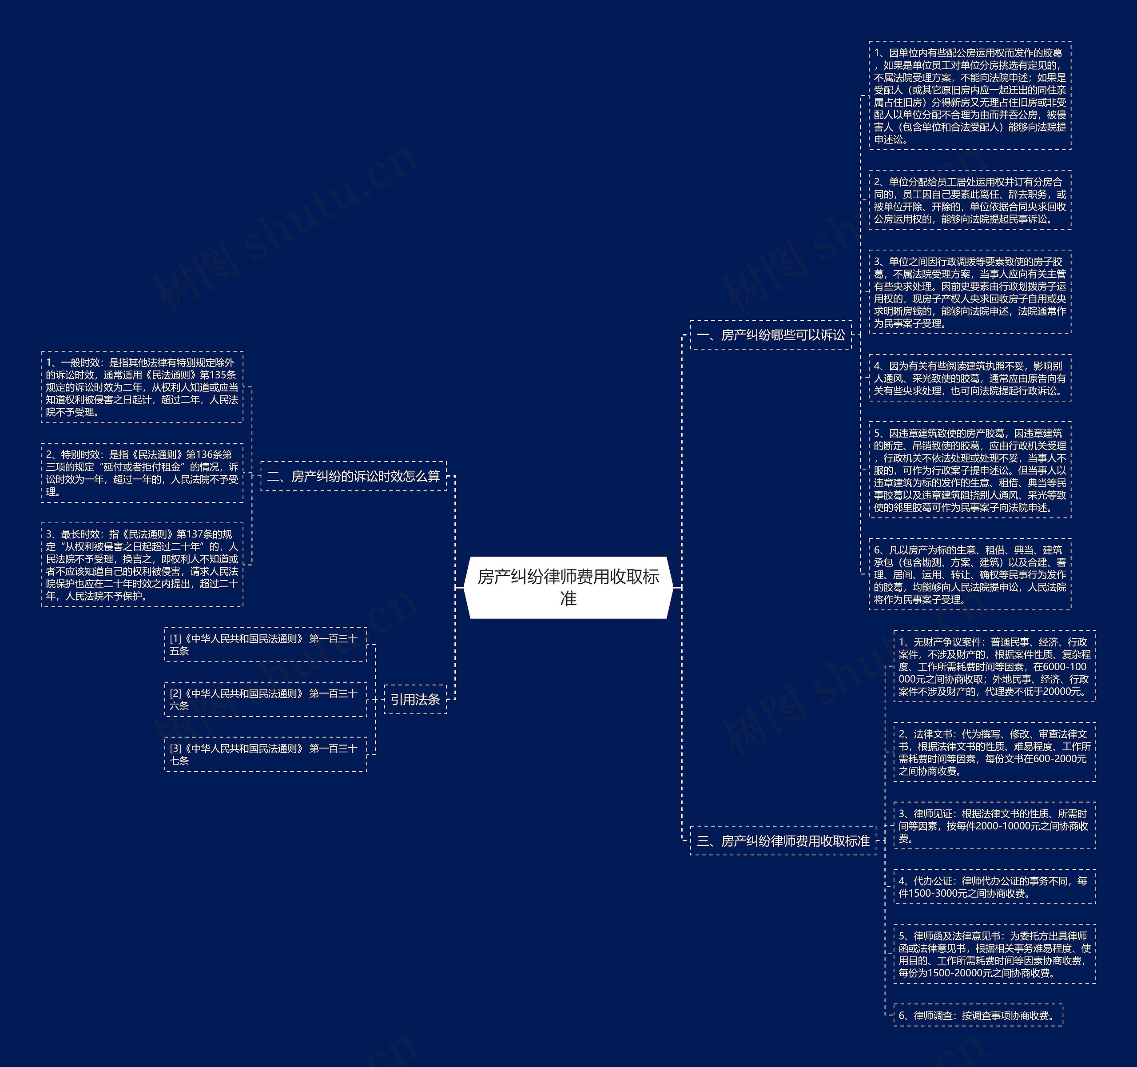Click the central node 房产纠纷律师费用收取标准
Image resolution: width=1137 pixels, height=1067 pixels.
[x=568, y=587]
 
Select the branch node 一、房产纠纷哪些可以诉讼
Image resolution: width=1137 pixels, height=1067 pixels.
[x=771, y=334]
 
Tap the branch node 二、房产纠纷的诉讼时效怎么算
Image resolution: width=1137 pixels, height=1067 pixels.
[x=354, y=476]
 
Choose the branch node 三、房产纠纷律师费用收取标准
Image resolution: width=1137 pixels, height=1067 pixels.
[x=783, y=840]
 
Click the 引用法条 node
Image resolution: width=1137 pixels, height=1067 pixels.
[x=415, y=699]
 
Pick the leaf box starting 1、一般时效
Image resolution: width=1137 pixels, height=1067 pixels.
[x=142, y=387]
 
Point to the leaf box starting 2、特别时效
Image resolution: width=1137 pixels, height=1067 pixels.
[x=142, y=473]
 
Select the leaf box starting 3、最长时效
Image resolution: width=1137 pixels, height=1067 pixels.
[x=142, y=565]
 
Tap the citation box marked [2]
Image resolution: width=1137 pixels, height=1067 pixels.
[x=266, y=699]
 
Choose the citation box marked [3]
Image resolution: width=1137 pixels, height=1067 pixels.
[x=266, y=754]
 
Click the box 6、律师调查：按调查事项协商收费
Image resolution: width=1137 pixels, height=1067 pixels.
[x=978, y=1015]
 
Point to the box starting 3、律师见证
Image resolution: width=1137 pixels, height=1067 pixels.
[x=994, y=825]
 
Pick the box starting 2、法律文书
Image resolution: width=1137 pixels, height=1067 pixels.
[x=994, y=752]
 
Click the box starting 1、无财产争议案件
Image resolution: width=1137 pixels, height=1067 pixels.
[x=994, y=666]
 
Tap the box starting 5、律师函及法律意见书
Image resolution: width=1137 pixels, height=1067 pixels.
[x=994, y=954]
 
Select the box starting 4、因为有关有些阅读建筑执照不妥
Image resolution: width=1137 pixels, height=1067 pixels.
[x=970, y=378]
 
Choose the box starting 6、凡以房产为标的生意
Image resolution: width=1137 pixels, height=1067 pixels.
[x=970, y=574]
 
